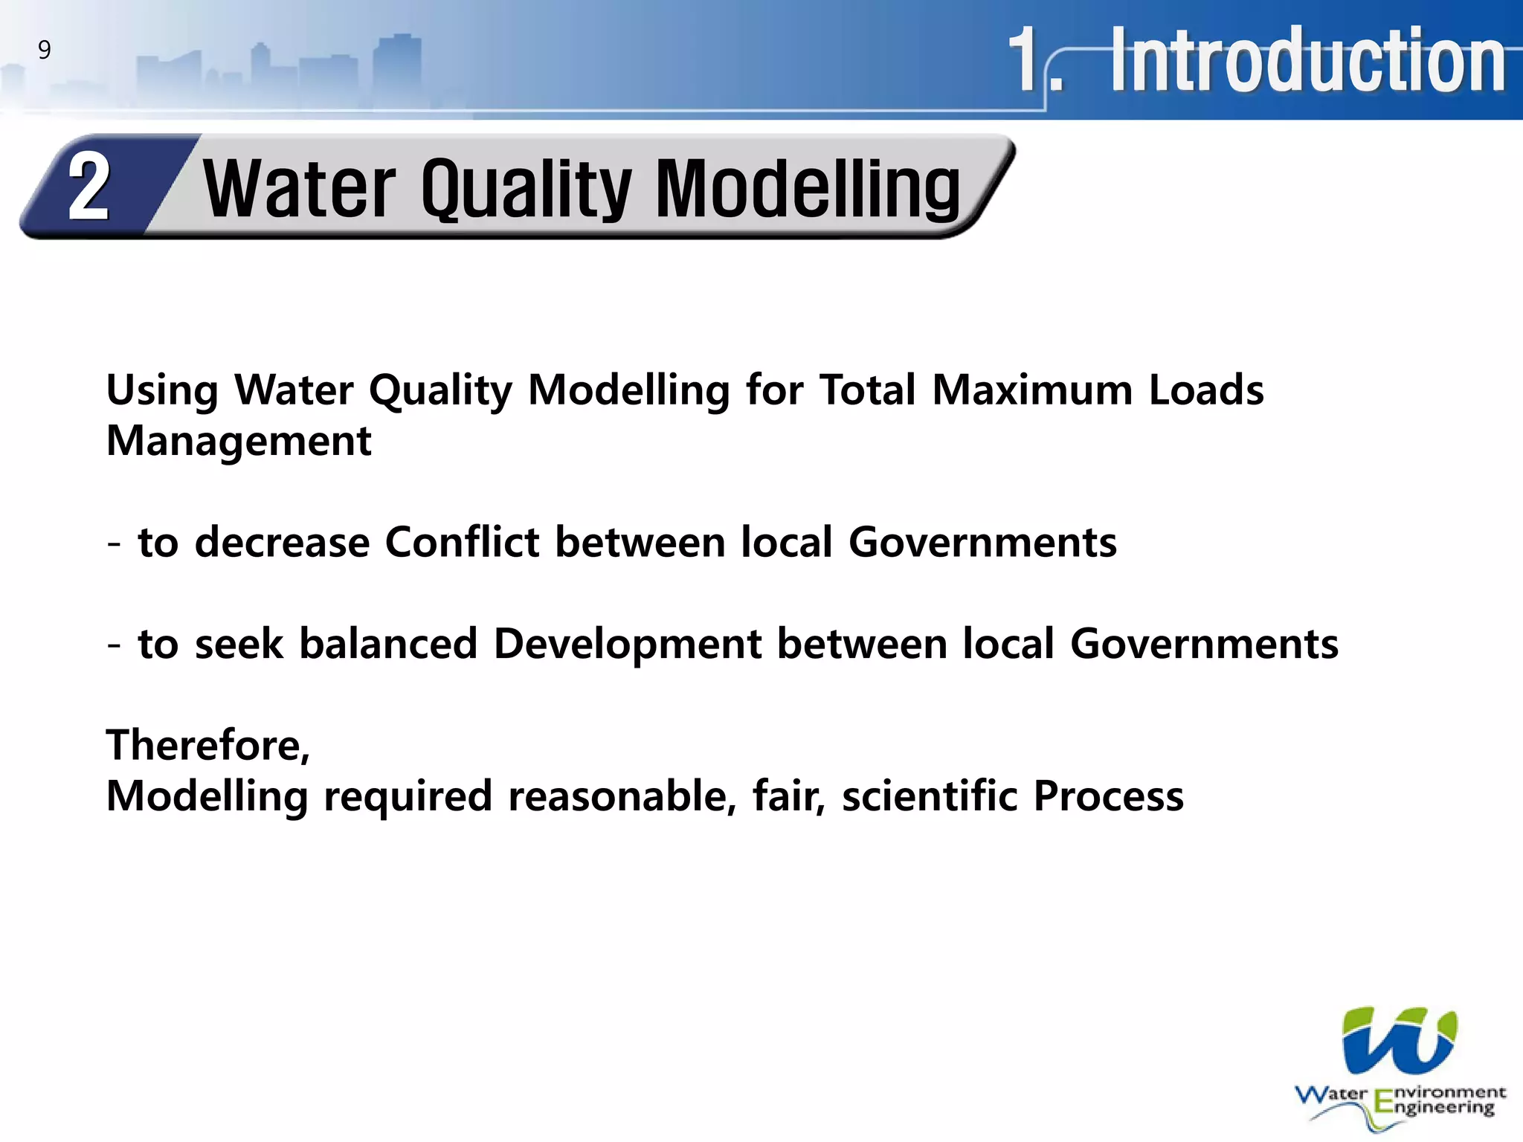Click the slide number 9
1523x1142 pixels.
[45, 51]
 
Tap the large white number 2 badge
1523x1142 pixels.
[89, 187]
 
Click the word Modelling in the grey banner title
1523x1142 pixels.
[808, 190]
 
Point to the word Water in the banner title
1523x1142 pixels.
[300, 190]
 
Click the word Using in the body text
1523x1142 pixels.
[162, 390]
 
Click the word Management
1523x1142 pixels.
[239, 441]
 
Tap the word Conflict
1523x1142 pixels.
[462, 542]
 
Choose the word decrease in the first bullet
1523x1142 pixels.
[282, 542]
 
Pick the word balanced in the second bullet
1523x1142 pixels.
[387, 644]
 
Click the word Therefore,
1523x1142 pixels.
[208, 745]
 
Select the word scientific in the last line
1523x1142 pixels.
[930, 796]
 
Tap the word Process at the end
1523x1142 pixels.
[1108, 796]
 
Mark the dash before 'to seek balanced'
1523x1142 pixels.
[114, 645]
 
